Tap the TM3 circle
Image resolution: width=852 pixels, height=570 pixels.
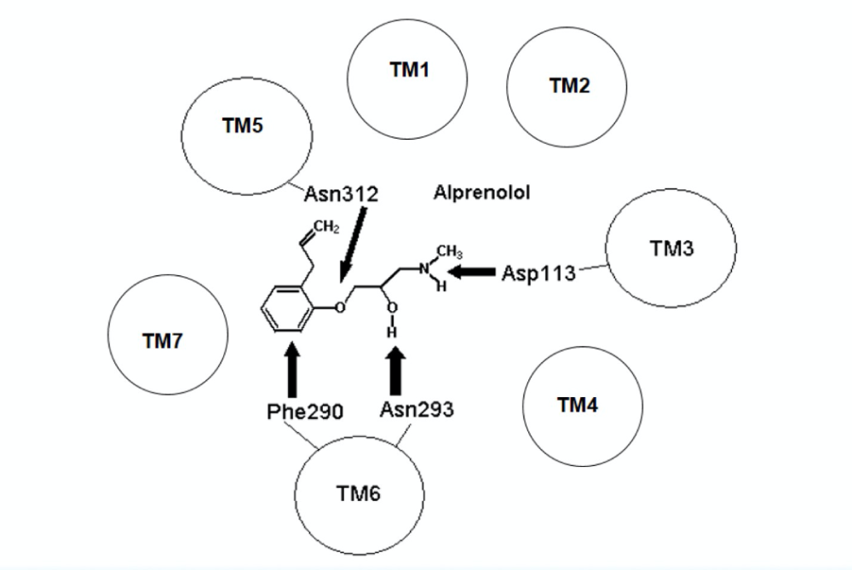[x=671, y=248]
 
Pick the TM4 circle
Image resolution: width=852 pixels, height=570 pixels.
[x=577, y=406]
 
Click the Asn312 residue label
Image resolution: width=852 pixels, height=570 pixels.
[x=341, y=195]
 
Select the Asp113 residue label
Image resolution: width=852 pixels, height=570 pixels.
[x=538, y=273]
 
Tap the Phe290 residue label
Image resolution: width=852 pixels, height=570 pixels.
[x=304, y=412]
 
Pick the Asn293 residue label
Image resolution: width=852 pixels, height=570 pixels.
[x=416, y=410]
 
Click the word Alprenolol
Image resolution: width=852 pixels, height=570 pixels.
[x=481, y=193]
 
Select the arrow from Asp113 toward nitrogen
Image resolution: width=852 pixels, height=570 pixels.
[x=472, y=272]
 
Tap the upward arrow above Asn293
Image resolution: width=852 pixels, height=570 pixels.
[x=397, y=371]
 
